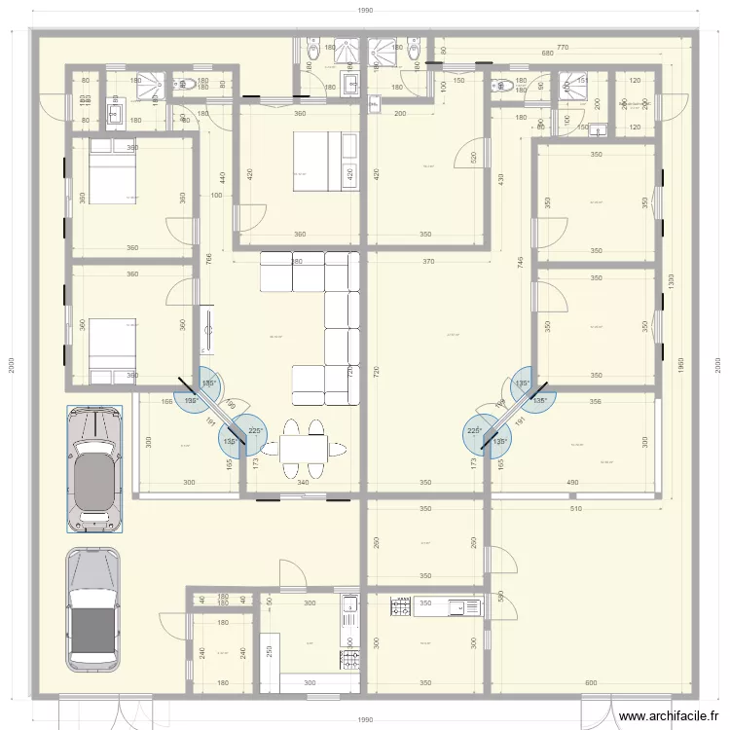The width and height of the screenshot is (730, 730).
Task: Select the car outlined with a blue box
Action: (94, 470)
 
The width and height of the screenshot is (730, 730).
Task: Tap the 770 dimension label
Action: (562, 46)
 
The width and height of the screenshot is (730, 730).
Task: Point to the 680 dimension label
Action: (547, 55)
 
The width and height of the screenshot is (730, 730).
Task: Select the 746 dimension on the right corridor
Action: (522, 262)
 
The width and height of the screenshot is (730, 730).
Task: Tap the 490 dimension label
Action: (572, 483)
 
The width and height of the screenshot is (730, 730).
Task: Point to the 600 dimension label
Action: (591, 683)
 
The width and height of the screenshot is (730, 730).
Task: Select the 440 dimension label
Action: (222, 178)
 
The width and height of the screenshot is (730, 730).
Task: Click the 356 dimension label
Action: (595, 401)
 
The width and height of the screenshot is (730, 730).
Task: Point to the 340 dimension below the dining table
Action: (303, 483)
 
